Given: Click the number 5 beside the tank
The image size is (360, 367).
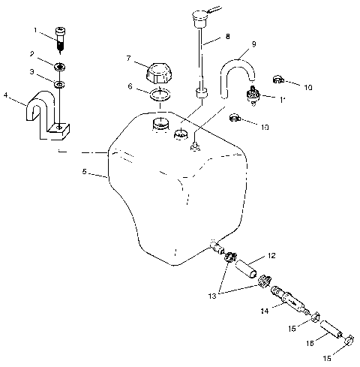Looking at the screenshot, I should tap(84, 172).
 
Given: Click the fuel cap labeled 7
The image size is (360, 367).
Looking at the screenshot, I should tap(160, 74).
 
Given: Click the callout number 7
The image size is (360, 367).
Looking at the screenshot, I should tap(130, 58).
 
